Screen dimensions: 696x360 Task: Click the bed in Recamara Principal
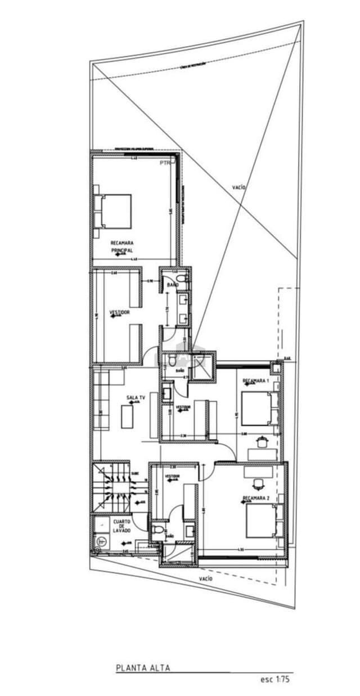(115, 211)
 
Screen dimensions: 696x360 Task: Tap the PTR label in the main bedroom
(164, 163)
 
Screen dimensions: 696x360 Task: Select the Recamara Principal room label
(121, 246)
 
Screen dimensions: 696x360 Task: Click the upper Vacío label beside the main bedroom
(238, 187)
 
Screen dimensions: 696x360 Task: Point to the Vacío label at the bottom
(206, 578)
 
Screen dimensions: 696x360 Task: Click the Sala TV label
(136, 398)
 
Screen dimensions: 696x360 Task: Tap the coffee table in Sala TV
(128, 417)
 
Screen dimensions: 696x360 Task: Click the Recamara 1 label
(256, 381)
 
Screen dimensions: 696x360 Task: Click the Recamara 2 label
(256, 498)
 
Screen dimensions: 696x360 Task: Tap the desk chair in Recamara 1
(262, 441)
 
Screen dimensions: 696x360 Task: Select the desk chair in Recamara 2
(258, 483)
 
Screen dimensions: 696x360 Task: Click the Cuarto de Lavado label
(121, 526)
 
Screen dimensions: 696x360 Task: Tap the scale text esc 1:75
(274, 679)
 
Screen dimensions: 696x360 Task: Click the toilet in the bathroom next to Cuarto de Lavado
(158, 530)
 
